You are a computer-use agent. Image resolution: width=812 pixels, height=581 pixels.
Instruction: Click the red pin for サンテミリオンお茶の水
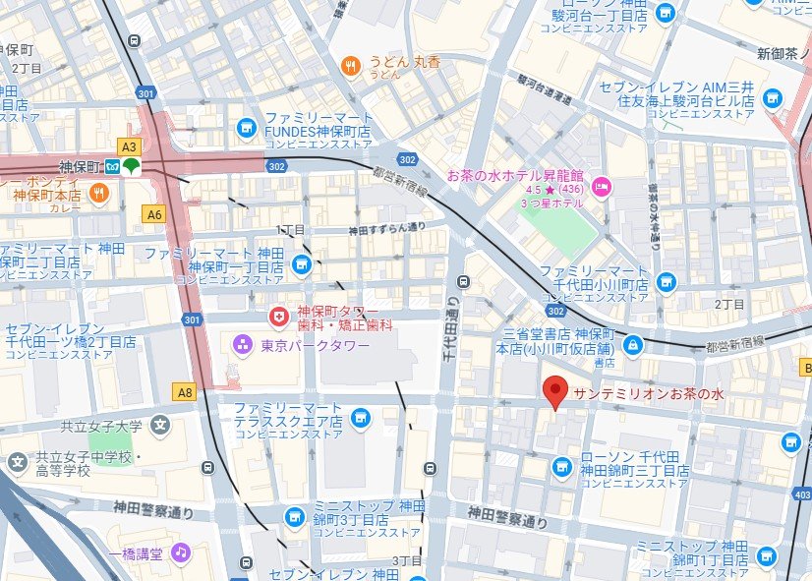click(x=555, y=391)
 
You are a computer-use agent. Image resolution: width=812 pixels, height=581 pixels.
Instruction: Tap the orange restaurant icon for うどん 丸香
click(x=349, y=66)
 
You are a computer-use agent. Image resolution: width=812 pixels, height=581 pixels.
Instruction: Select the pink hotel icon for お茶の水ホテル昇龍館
click(x=601, y=185)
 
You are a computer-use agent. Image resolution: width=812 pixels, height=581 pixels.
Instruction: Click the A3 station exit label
click(x=129, y=145)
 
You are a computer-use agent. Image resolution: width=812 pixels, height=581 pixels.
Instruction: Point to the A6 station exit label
click(x=153, y=213)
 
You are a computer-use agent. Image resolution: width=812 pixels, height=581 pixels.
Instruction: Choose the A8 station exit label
click(x=185, y=392)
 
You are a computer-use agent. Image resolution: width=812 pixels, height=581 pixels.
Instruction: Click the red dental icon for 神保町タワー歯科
click(x=279, y=316)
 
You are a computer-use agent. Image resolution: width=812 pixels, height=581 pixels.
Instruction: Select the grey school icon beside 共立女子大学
click(x=161, y=426)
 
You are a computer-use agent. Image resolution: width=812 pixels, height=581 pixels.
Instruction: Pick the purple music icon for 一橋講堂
click(x=180, y=552)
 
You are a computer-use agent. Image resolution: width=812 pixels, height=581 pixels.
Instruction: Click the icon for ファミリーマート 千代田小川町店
click(x=666, y=282)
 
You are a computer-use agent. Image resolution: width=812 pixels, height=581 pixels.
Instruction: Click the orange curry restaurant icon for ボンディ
click(x=97, y=194)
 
